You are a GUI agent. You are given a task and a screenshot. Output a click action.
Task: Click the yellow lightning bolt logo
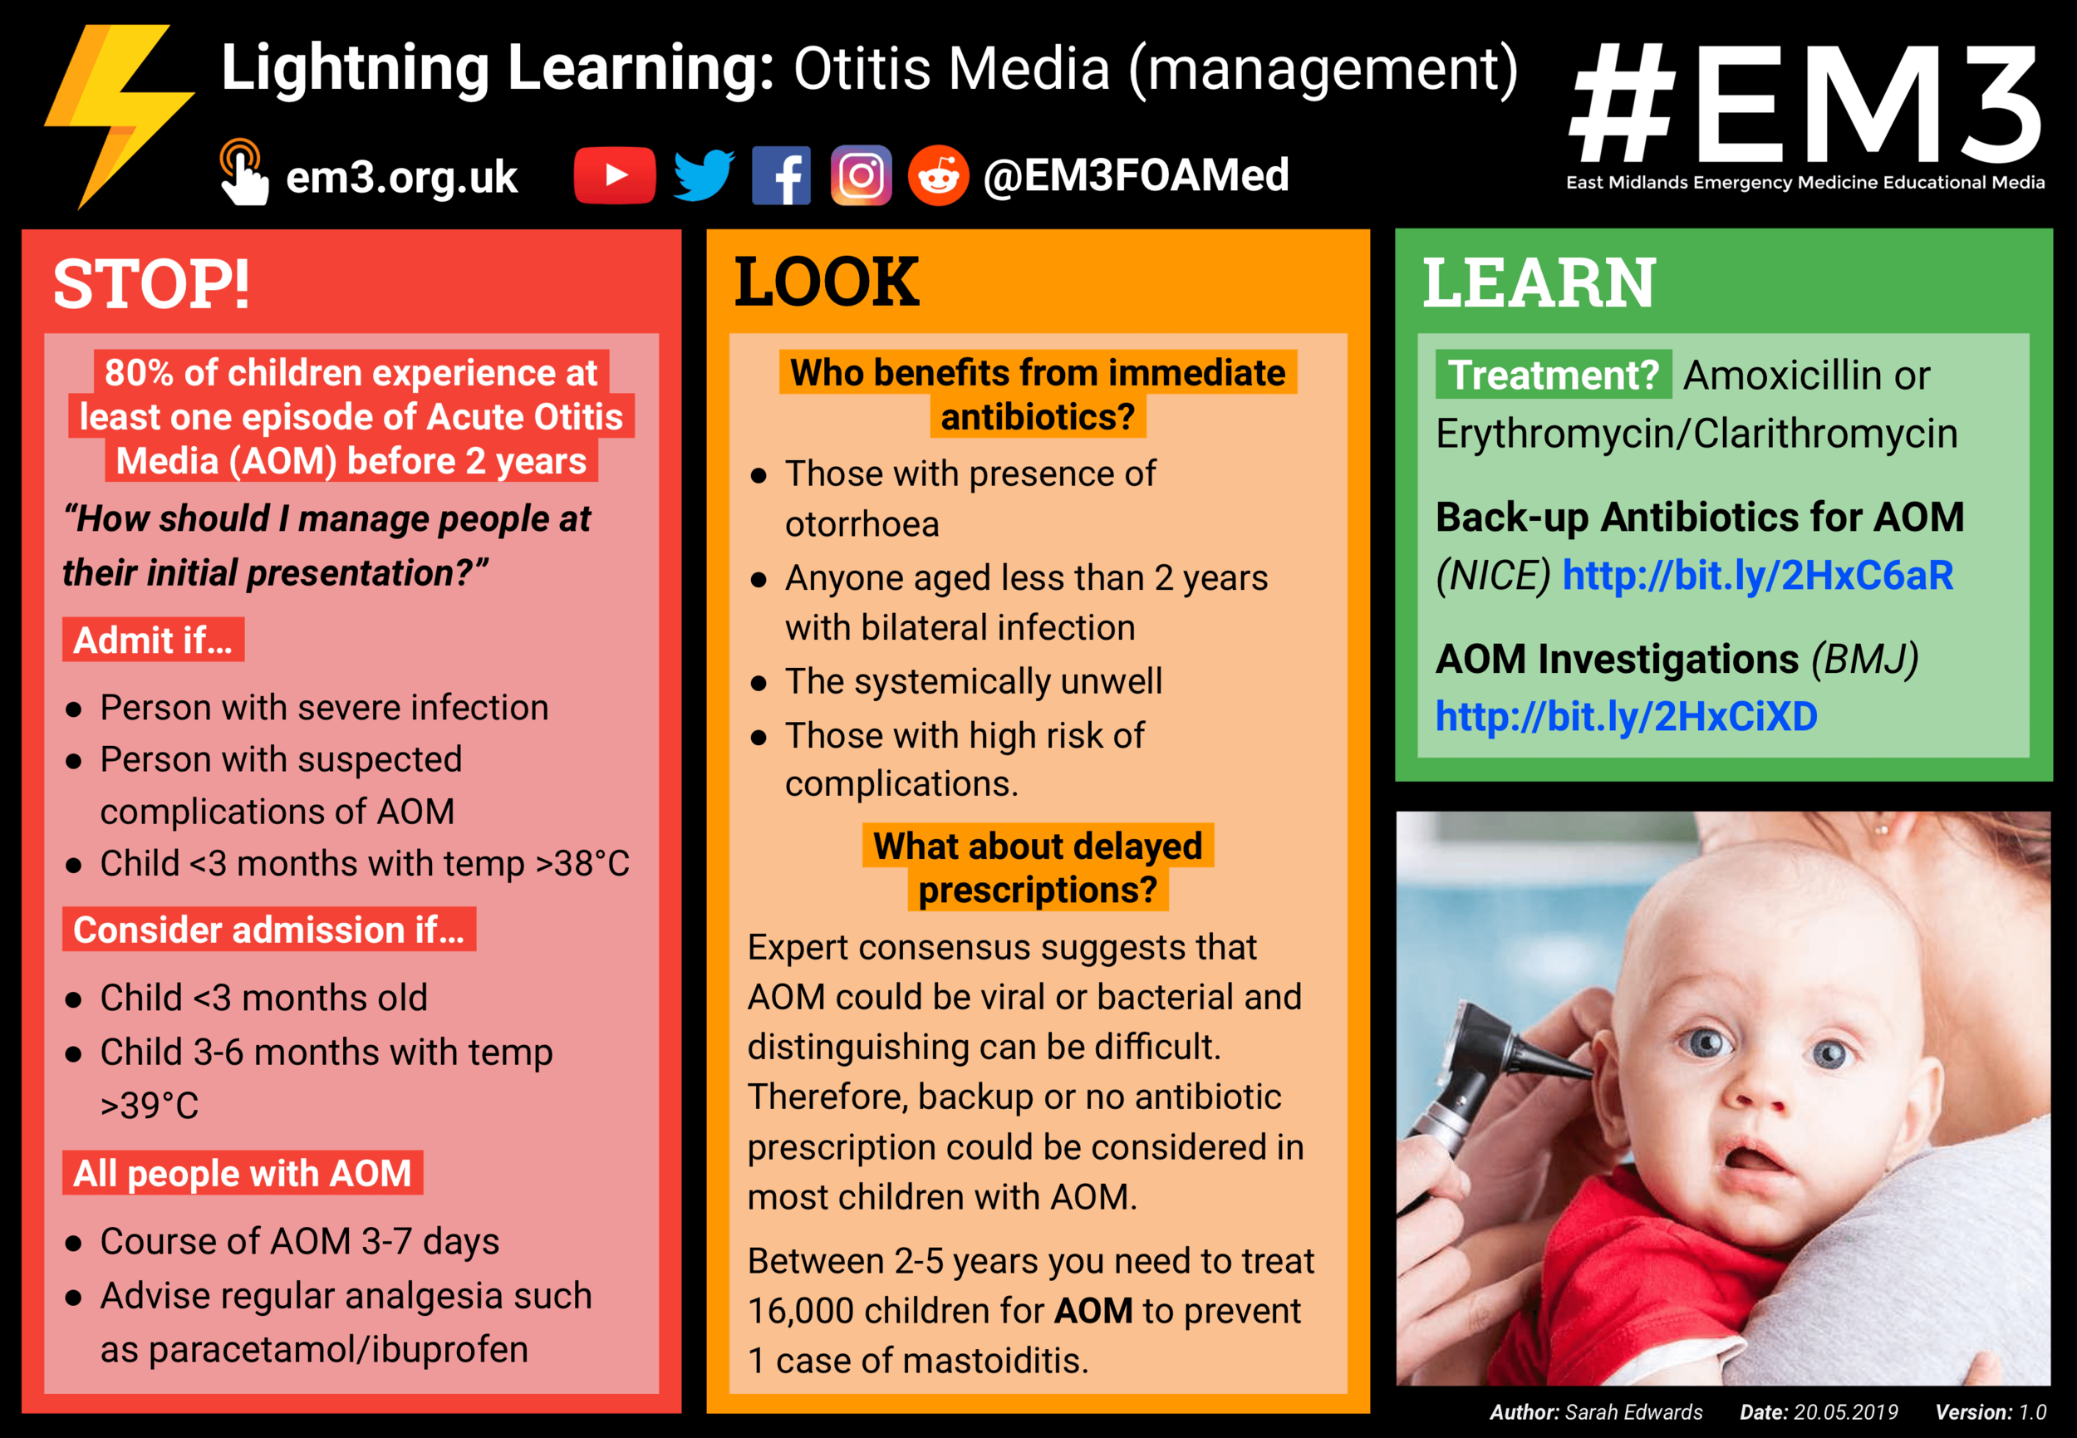coord(117,113)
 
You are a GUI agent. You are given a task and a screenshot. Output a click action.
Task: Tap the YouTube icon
coord(615,174)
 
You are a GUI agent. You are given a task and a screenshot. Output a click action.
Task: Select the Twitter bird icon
coord(704,174)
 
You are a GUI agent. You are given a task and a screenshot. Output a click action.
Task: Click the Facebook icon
coord(781,175)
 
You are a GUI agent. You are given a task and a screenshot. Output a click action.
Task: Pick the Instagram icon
coord(861,175)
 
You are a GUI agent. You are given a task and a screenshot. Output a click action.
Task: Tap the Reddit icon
coord(938,175)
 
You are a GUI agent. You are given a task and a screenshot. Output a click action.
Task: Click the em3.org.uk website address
coord(401,178)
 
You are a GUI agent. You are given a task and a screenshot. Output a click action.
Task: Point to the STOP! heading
coord(151,285)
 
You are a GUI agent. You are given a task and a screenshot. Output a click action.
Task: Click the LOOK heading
coord(827,282)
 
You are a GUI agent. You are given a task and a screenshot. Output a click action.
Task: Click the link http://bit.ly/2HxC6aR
coord(1757,576)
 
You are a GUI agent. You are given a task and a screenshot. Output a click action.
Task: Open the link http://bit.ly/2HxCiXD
coord(1626,717)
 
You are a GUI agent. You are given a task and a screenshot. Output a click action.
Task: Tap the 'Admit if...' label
coord(153,640)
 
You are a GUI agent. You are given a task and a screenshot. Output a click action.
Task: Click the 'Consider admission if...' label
coord(268,930)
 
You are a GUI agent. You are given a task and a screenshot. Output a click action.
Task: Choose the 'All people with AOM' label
coord(243,1173)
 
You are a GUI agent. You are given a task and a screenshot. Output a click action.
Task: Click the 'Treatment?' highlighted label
coord(1554,375)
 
